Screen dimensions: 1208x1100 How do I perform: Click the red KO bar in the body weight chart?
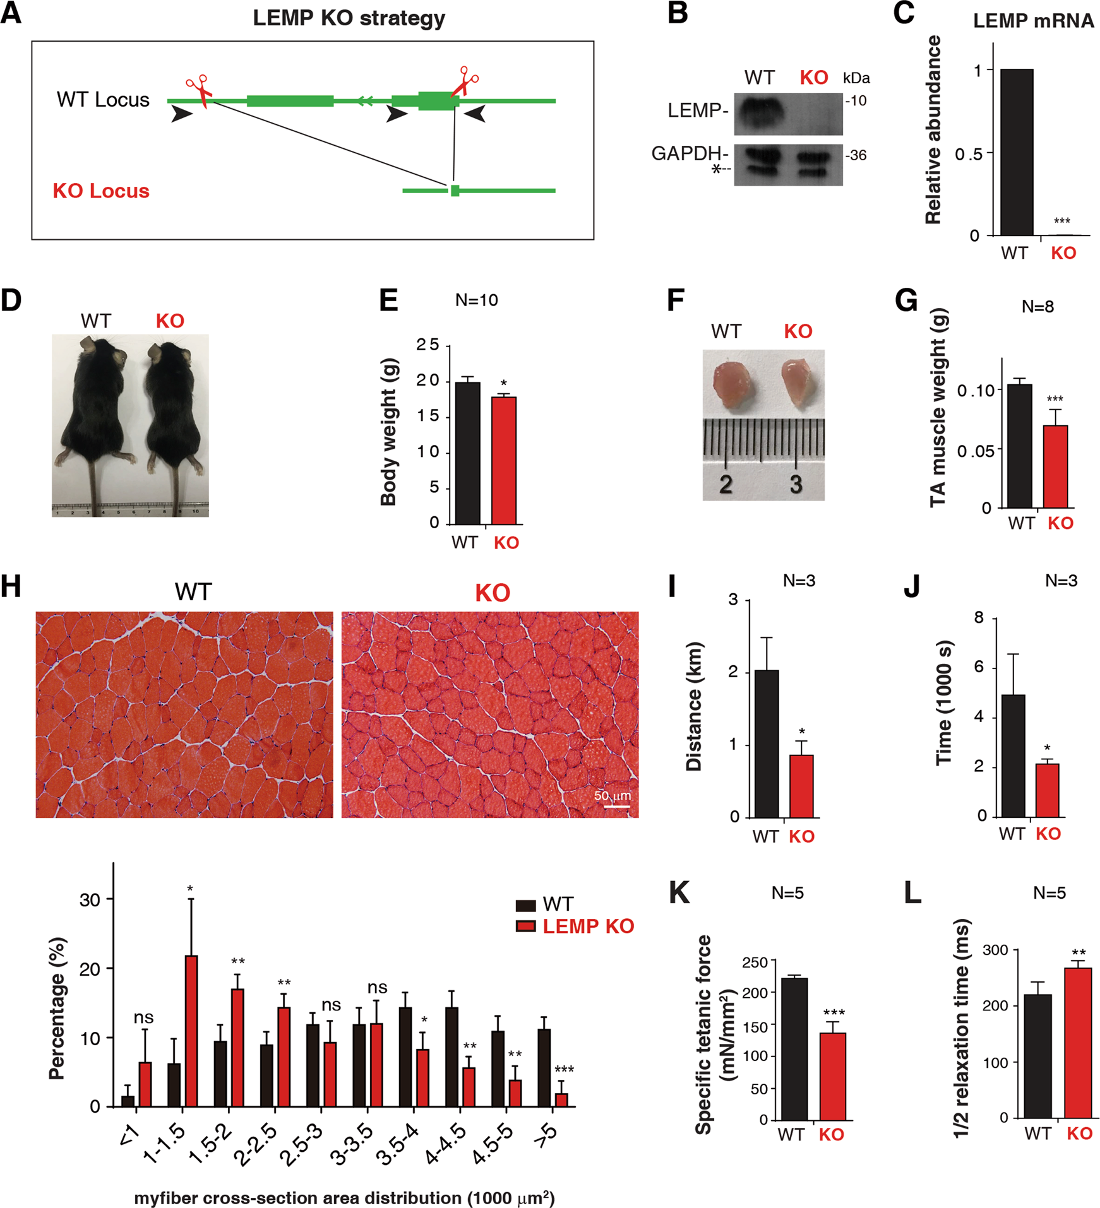(x=503, y=460)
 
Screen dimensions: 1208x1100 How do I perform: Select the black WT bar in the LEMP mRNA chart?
(x=1017, y=151)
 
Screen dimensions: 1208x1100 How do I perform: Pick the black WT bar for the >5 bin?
(x=544, y=1067)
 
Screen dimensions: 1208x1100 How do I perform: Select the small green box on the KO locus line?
(x=455, y=190)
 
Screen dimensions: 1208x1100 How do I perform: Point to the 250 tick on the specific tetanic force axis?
(x=755, y=962)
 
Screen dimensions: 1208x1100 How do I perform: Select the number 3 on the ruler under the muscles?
(x=796, y=484)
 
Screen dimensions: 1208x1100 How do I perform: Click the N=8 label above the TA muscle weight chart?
(x=1037, y=307)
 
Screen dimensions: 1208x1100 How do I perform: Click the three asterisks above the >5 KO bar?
(x=563, y=1069)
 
